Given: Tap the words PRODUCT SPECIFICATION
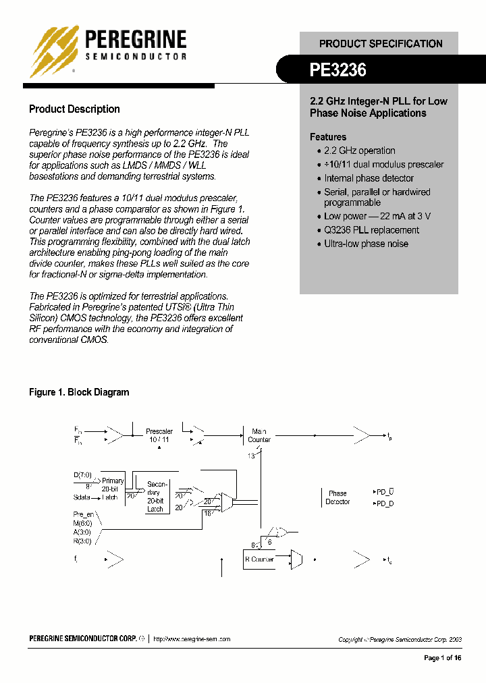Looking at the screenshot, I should pyautogui.click(x=381, y=43).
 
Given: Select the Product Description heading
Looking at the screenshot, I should pyautogui.click(x=74, y=109).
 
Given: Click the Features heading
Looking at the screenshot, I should pyautogui.click(x=328, y=136).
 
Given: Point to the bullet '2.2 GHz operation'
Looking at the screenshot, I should pyautogui.click(x=359, y=151).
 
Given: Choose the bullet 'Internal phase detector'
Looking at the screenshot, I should pyautogui.click(x=369, y=178).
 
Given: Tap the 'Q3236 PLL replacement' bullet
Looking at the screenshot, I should pyautogui.click(x=371, y=229).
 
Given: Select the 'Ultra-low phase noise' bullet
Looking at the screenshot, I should pyautogui.click(x=366, y=244).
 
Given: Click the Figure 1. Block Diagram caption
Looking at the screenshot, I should pyautogui.click(x=79, y=392).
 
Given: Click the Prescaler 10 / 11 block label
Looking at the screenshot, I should pyautogui.click(x=159, y=435).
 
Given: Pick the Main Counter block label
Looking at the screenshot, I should pyautogui.click(x=259, y=435).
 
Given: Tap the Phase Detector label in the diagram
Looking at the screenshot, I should pyautogui.click(x=337, y=497).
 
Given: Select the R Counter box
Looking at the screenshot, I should pyautogui.click(x=259, y=559).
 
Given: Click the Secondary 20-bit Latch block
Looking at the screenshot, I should pyautogui.click(x=155, y=497).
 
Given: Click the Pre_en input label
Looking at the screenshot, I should pyautogui.click(x=84, y=514).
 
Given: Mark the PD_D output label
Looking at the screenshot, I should pyautogui.click(x=384, y=503).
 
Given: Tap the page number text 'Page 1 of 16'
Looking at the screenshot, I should pyautogui.click(x=443, y=658).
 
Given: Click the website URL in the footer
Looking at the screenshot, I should pyautogui.click(x=192, y=638).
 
